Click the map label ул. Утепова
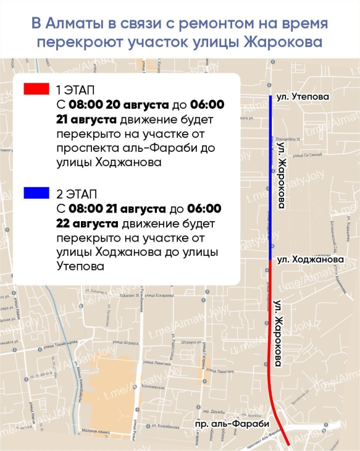tap(303, 97)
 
